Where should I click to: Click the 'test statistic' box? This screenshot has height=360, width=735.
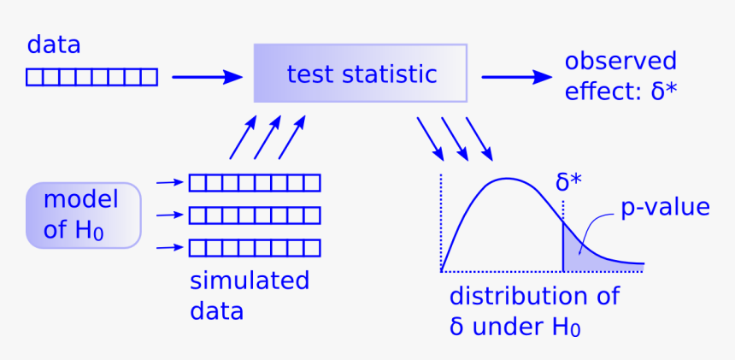360,74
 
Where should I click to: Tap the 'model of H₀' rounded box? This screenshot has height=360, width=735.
83,215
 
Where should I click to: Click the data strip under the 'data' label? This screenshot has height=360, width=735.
91,78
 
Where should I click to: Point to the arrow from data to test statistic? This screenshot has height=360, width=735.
207,77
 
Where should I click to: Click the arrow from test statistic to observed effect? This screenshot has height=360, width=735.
516,77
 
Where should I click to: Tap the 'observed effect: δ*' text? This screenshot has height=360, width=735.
620,75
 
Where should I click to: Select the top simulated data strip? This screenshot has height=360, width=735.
254,182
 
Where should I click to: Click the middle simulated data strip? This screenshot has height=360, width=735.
254,215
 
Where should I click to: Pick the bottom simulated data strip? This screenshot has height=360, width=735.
254,248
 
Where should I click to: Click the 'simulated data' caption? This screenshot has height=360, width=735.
249,295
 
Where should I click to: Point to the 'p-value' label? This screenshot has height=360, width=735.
665,207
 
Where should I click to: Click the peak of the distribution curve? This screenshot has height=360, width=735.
508,180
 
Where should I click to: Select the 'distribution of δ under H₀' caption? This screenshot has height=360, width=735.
534,311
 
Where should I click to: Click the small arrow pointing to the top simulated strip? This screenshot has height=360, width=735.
170,182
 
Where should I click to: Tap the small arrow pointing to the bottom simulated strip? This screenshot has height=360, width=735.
170,248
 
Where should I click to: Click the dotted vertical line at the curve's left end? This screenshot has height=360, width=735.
441,222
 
